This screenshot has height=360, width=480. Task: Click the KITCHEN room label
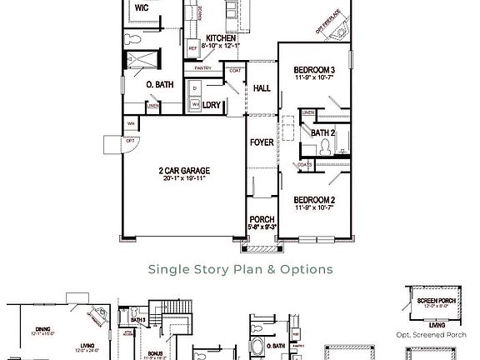(x=222, y=38)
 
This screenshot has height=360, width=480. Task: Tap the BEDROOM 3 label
(x=314, y=69)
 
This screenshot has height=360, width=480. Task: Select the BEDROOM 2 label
(x=314, y=200)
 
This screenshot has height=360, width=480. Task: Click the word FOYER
(x=262, y=142)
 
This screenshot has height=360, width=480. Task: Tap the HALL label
(x=262, y=88)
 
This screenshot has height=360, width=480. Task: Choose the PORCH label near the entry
(x=262, y=220)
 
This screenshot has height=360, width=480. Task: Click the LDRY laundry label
(x=211, y=106)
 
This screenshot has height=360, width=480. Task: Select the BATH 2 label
(x=322, y=132)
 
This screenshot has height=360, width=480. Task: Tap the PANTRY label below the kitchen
(x=203, y=68)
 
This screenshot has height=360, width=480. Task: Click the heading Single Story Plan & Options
(x=240, y=269)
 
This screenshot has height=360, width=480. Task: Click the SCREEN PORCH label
(x=436, y=300)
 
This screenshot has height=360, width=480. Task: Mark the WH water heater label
(x=131, y=123)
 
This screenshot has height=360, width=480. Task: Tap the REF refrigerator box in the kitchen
(x=192, y=49)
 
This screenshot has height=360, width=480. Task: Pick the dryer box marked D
(x=194, y=87)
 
